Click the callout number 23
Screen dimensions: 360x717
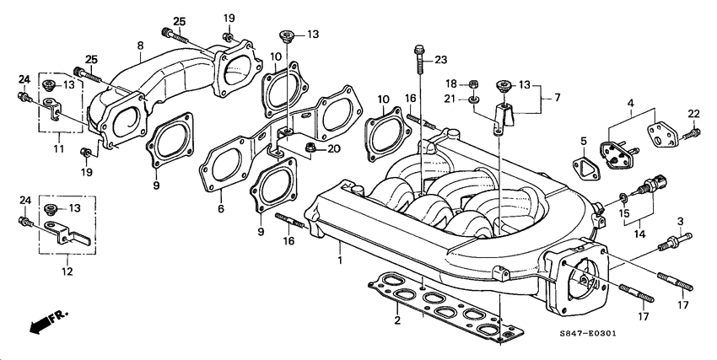coord(440,59)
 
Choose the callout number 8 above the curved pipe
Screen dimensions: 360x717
coord(140,45)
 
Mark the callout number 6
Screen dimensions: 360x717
coord(219,208)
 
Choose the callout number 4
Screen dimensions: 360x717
coord(628,104)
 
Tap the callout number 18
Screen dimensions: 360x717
coord(450,83)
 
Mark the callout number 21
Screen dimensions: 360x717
coord(451,99)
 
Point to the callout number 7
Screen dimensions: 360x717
coord(558,99)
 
